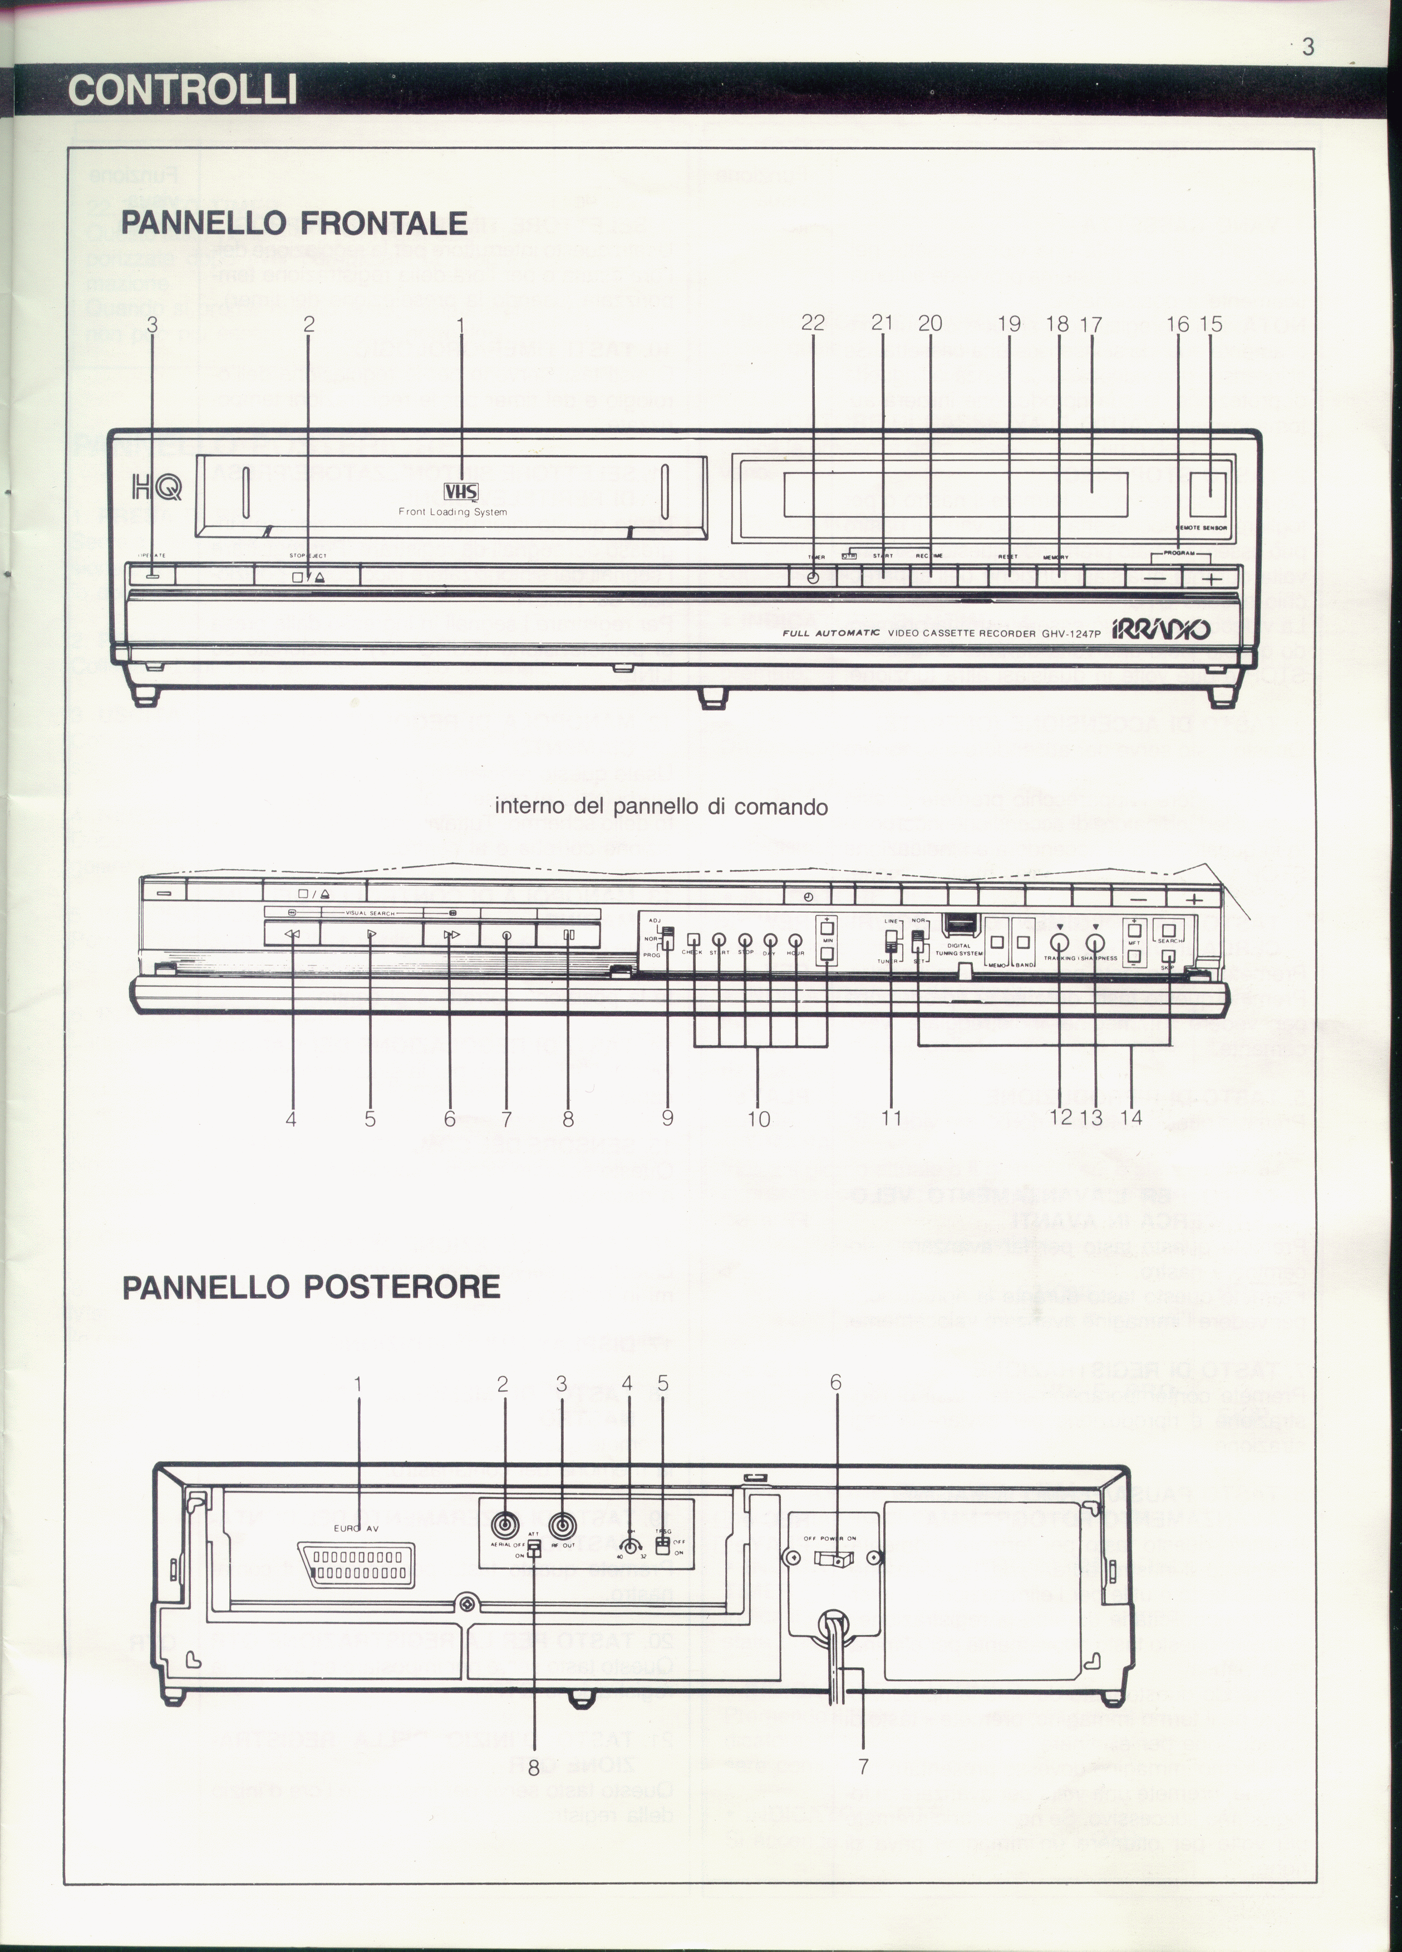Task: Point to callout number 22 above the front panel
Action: (x=813, y=324)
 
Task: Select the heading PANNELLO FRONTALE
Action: (x=294, y=223)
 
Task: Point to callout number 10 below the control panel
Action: (x=758, y=1119)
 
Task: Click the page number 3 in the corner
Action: (x=1308, y=47)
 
